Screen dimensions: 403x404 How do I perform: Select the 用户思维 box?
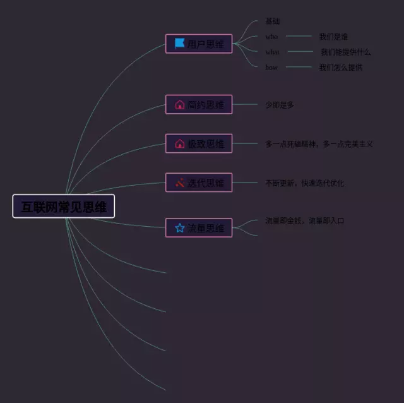point(199,44)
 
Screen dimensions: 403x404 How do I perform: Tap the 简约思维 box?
point(199,105)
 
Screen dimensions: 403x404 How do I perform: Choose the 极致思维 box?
point(199,144)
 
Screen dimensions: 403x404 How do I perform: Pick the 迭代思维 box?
point(199,183)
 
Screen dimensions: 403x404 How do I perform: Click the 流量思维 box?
point(199,228)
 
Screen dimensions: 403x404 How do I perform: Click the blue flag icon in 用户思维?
point(179,44)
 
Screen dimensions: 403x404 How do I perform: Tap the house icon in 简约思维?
point(179,105)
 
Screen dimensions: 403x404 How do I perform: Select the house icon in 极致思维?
point(179,144)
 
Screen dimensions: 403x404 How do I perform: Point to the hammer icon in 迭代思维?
point(179,183)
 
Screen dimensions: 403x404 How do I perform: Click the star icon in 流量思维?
point(179,228)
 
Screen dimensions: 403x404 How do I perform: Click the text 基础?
point(273,21)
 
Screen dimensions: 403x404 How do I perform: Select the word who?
point(271,37)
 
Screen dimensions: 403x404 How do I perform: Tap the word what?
point(272,52)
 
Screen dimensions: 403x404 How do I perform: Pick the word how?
point(271,67)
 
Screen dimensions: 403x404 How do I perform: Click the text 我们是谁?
point(333,37)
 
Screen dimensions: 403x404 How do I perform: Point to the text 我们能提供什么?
point(346,52)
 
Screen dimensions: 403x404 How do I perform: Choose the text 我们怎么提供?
point(341,67)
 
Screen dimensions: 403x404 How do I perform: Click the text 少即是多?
point(280,105)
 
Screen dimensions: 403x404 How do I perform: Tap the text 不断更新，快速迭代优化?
point(305,183)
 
